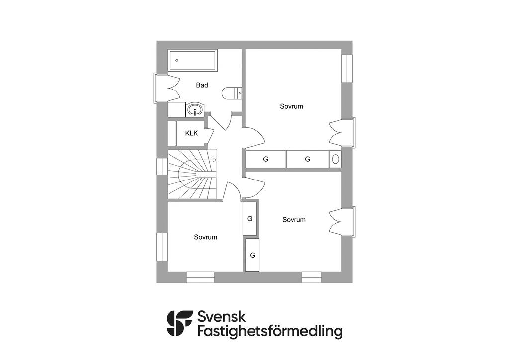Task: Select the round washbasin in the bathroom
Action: [196, 109]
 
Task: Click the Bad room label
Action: [202, 85]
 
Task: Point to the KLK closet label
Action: [191, 133]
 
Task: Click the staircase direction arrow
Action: [214, 160]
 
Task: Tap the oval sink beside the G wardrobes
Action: [335, 159]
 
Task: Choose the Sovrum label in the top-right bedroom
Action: [291, 106]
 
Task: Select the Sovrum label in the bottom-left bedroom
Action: [205, 237]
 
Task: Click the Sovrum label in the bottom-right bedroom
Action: [294, 220]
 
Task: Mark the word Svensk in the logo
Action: [222, 316]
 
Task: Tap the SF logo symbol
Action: [179, 323]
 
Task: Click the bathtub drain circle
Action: [176, 60]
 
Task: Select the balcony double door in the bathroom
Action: [167, 89]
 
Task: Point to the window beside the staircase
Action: [162, 167]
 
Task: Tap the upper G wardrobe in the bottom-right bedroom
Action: [250, 219]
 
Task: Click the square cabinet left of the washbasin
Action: [176, 110]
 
